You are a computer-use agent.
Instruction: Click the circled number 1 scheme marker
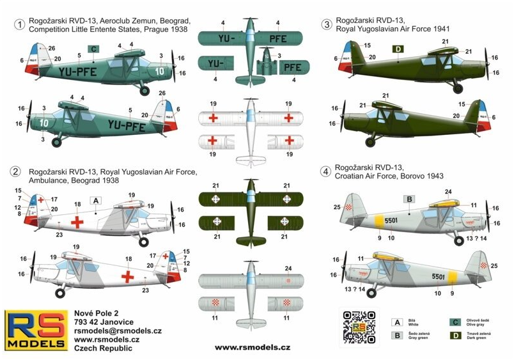tap(21, 25)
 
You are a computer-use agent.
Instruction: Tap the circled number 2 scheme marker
tap(15, 171)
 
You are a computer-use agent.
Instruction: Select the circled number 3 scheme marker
tap(327, 25)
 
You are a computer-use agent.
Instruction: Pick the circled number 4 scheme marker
tap(327, 172)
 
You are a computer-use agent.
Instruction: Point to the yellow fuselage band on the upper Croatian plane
tap(380, 221)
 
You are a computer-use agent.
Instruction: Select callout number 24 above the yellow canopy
tap(448, 191)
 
